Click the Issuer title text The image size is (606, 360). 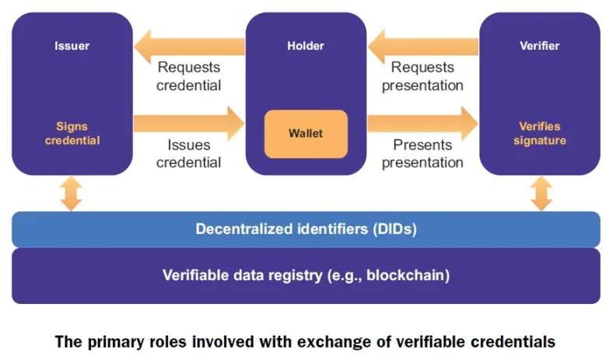[x=72, y=46]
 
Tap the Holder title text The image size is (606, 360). [x=306, y=46]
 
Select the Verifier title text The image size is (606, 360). [x=539, y=46]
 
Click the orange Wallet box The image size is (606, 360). [x=306, y=133]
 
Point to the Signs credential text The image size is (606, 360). [x=72, y=133]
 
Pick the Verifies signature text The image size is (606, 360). [x=539, y=133]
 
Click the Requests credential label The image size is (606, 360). [x=188, y=76]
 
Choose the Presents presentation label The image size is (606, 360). [x=422, y=153]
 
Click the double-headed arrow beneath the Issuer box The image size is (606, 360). [x=72, y=194]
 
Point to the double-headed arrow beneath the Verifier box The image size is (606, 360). [x=541, y=194]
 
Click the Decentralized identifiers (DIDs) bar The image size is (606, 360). [x=306, y=229]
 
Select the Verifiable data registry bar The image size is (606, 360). [x=306, y=274]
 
